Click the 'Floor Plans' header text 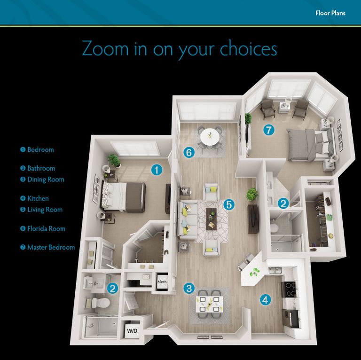click(x=330, y=13)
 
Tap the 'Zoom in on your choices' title click(x=179, y=49)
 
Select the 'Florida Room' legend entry click(x=46, y=229)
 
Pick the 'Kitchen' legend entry click(x=38, y=199)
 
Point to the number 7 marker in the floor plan click(x=268, y=130)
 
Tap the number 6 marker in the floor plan click(x=189, y=152)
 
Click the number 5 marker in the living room click(x=228, y=204)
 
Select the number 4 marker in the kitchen click(x=265, y=299)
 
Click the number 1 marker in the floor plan click(x=156, y=170)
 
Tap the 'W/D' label click(x=133, y=331)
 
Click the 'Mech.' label click(x=162, y=282)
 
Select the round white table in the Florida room click(x=210, y=137)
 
